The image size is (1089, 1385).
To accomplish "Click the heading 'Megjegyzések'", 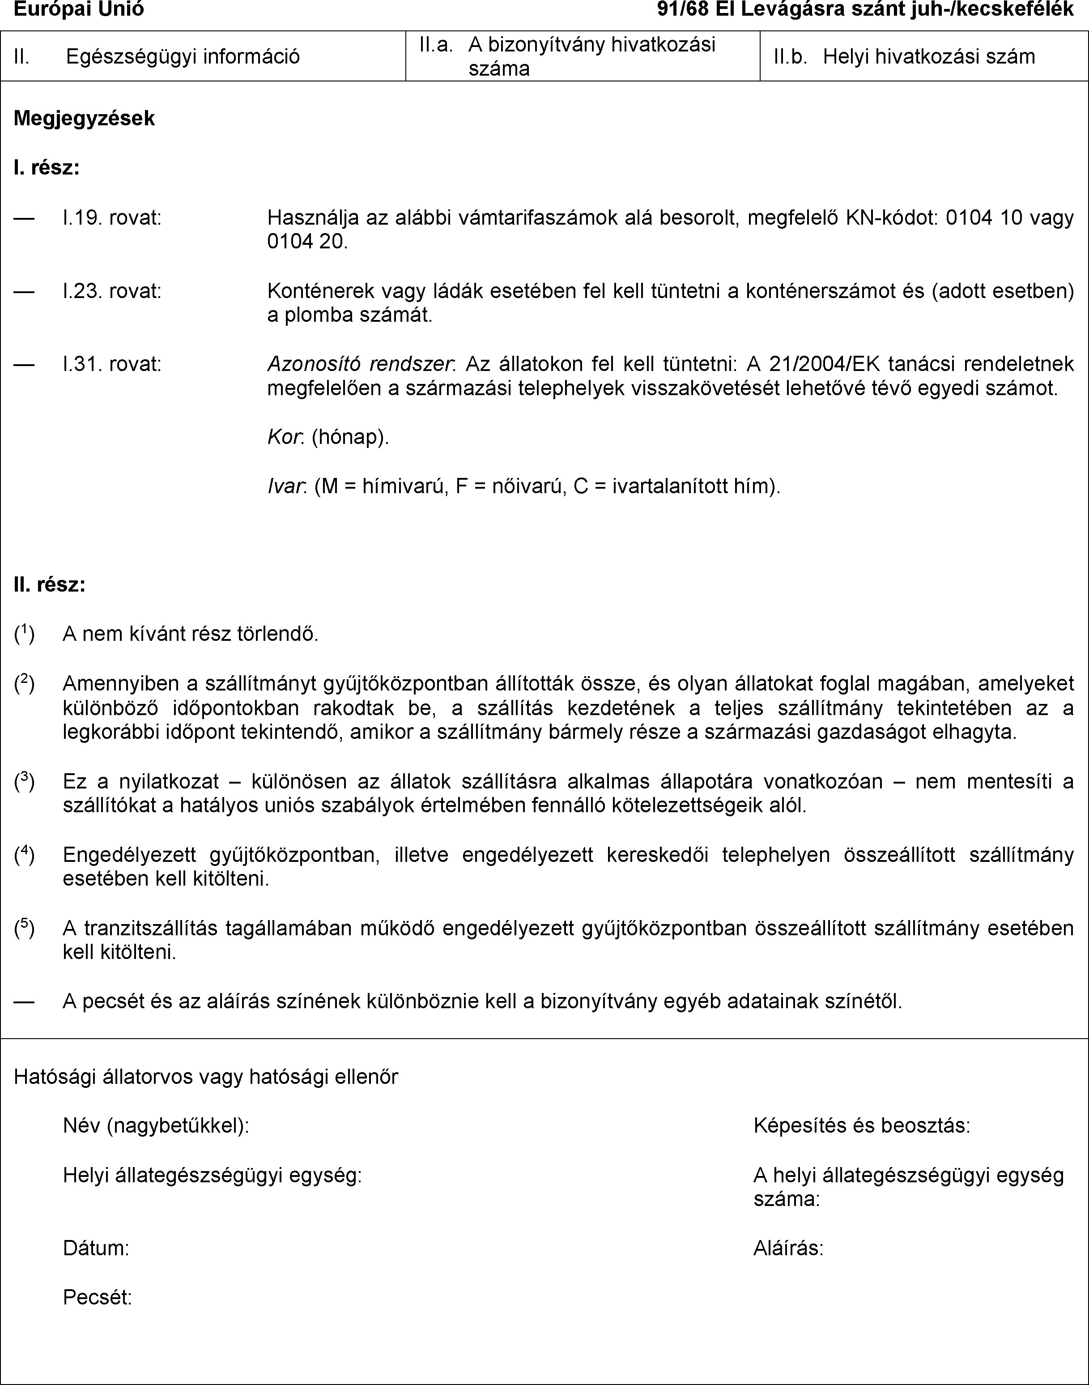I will tap(84, 119).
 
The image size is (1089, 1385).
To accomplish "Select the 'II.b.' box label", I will tap(790, 57).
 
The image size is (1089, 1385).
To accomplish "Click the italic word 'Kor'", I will tap(282, 438).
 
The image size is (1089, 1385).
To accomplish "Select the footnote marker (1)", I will tap(24, 634).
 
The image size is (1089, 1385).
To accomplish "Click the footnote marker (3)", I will tap(24, 781).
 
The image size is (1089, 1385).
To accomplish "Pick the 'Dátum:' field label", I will tap(96, 1248).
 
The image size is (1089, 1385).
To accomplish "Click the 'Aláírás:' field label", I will tap(788, 1248).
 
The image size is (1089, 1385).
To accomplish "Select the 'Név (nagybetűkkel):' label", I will tap(156, 1125).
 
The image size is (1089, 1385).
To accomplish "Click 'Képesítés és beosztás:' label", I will tap(861, 1125).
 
